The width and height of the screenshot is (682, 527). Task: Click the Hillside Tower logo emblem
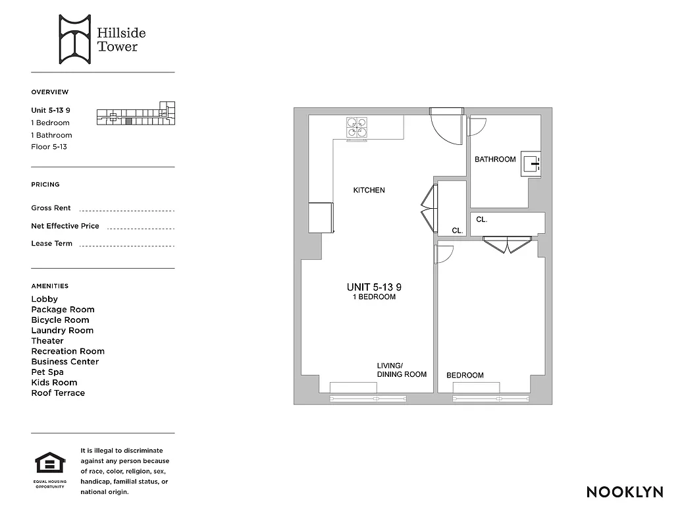click(74, 40)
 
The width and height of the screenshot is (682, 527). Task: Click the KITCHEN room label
click(369, 190)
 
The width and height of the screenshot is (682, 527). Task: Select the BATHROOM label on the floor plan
click(495, 159)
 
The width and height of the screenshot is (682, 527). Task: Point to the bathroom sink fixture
click(531, 163)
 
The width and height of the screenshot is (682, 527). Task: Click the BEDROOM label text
click(465, 375)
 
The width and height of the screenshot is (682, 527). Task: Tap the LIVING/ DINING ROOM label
click(401, 370)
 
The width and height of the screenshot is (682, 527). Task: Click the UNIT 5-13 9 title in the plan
click(373, 287)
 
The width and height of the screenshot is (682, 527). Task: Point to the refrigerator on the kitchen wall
click(321, 217)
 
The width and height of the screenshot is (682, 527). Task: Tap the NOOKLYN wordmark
click(624, 492)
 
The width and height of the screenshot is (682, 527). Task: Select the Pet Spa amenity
click(48, 372)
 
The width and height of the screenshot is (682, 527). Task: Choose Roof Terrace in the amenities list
click(58, 393)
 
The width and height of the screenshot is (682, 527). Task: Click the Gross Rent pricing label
click(51, 208)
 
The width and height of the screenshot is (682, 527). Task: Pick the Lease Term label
click(51, 244)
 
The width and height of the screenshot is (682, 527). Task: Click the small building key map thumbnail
click(136, 117)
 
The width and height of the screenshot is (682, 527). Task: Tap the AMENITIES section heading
click(49, 286)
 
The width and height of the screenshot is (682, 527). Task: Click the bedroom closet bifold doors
click(506, 245)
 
